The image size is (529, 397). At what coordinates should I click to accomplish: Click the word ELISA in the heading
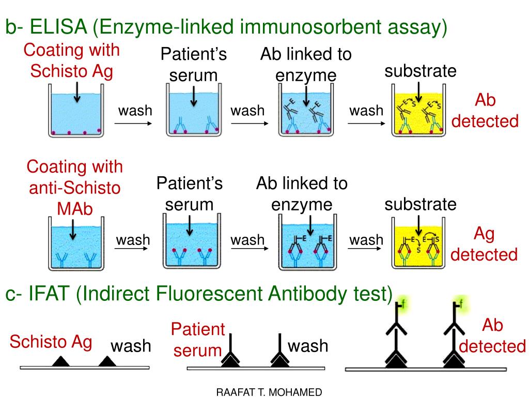[x=57, y=26]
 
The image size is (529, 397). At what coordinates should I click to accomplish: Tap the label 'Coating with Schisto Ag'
[x=71, y=60]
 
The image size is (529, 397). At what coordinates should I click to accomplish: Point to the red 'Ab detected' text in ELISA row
[x=485, y=111]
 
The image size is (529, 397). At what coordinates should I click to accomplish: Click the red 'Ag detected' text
[x=484, y=244]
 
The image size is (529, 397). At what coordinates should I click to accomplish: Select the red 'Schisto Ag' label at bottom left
[x=51, y=342]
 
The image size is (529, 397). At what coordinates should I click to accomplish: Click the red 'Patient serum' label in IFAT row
[x=198, y=340]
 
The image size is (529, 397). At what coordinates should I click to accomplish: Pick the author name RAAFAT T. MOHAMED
[x=269, y=392]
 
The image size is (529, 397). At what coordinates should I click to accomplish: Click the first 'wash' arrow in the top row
[x=133, y=123]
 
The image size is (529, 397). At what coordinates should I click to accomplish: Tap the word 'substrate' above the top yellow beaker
[x=421, y=71]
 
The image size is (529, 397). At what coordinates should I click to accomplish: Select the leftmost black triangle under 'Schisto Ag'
[x=61, y=361]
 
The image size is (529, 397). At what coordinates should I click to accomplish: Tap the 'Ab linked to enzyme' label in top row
[x=306, y=65]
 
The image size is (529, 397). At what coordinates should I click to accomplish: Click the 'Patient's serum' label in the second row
[x=190, y=193]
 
